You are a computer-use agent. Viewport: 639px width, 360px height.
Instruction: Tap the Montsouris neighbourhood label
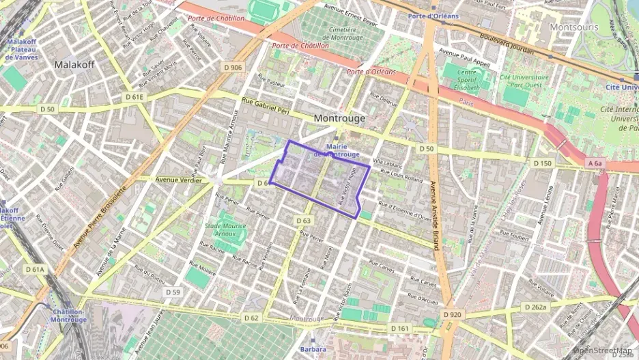click(x=573, y=27)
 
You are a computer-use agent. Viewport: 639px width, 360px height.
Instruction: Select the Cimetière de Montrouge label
click(x=345, y=33)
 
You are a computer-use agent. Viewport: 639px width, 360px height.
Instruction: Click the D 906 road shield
click(x=233, y=67)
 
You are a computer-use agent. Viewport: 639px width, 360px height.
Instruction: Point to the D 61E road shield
click(x=135, y=97)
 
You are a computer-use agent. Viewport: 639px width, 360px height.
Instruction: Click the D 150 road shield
click(x=542, y=163)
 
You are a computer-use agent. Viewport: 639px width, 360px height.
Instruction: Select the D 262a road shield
click(x=536, y=307)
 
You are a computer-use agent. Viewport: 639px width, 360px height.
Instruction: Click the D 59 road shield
click(x=173, y=292)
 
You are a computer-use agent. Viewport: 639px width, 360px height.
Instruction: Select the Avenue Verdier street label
click(x=179, y=180)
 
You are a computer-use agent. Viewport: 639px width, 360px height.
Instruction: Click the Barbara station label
click(x=313, y=349)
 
